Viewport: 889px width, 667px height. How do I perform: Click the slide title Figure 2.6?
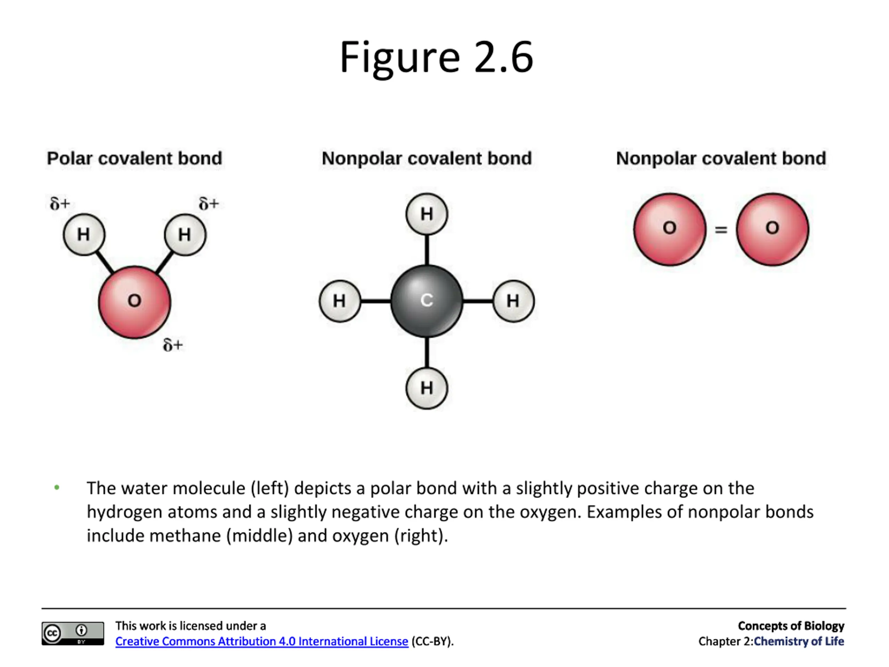(x=437, y=57)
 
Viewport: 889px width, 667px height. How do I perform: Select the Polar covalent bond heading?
(x=134, y=158)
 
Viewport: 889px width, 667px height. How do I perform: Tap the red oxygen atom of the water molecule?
(x=135, y=302)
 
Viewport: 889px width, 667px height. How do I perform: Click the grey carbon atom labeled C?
(x=427, y=301)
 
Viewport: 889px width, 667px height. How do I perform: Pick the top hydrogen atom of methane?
(x=427, y=214)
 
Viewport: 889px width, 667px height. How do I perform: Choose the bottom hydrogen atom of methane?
(x=427, y=388)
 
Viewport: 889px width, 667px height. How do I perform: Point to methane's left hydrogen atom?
(x=340, y=301)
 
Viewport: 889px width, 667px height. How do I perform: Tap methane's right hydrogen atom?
(x=514, y=301)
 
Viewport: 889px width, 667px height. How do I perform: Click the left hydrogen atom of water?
(x=84, y=234)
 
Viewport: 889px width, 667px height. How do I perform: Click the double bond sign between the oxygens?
(x=721, y=230)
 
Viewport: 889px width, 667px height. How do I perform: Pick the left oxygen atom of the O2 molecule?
(x=670, y=229)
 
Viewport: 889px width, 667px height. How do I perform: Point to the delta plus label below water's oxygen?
(x=173, y=345)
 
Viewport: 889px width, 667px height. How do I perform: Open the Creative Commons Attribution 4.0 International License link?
(x=261, y=641)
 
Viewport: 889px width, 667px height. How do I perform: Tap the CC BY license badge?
(x=73, y=634)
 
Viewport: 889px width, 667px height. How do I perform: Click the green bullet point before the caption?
(x=57, y=488)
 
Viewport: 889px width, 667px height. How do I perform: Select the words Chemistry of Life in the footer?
(x=799, y=641)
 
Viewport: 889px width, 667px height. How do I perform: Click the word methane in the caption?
(x=185, y=536)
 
